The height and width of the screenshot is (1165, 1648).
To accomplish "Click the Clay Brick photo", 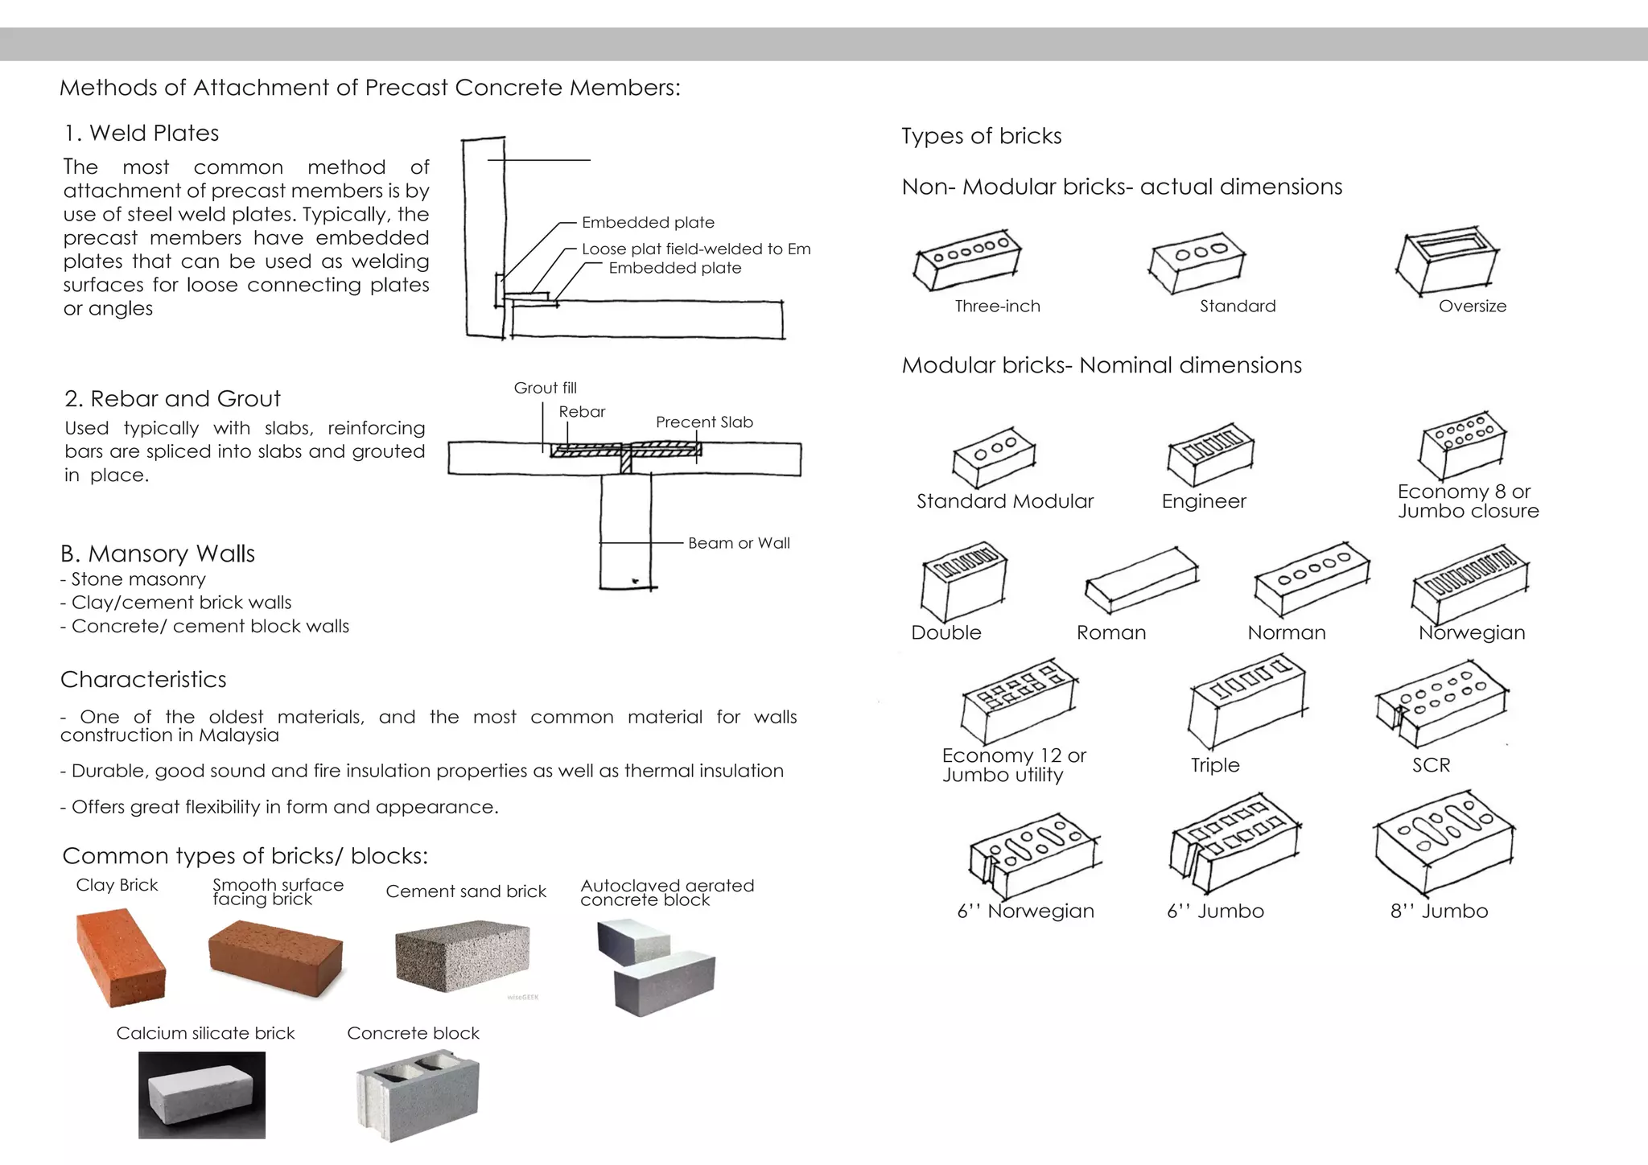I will point(121,957).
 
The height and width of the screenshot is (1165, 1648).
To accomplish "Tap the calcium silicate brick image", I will point(202,1095).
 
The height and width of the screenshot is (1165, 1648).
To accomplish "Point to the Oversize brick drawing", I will point(1447,261).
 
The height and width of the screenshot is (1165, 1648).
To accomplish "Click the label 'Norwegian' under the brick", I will point(1472,632).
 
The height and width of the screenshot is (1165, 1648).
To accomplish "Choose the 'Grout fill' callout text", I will point(545,388).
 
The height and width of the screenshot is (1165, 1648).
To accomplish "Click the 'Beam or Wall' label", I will point(739,543).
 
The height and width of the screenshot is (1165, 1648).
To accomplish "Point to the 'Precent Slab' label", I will point(704,422).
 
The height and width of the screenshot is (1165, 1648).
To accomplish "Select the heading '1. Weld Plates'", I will point(142,134).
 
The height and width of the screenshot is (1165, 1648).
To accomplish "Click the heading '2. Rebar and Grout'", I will point(172,399).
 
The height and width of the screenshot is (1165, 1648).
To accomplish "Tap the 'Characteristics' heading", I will point(143,680).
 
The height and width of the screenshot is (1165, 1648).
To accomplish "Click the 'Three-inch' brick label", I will point(997,307).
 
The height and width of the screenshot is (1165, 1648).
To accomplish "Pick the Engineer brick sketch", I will point(1209,454).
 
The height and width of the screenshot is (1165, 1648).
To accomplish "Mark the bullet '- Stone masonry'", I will point(133,579).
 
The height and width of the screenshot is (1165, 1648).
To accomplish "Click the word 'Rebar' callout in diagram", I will point(582,412).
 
